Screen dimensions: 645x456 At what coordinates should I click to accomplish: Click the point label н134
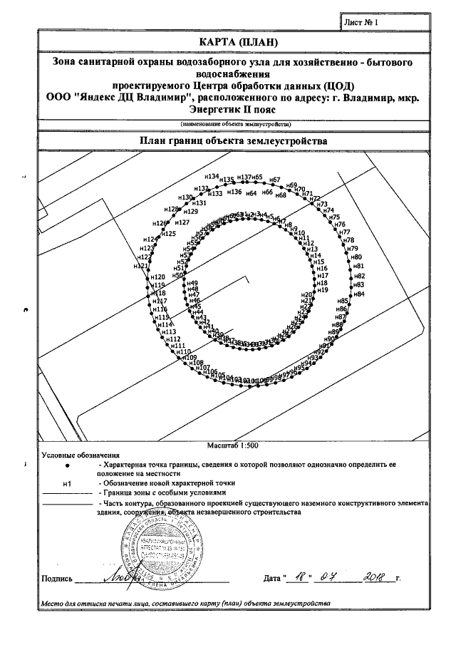coord(212,176)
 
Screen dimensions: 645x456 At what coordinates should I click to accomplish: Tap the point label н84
coord(359,294)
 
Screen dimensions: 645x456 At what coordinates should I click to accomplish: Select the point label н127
coord(182,223)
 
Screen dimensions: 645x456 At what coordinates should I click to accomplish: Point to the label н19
coord(322,290)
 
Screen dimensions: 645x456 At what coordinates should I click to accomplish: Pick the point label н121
coord(142,267)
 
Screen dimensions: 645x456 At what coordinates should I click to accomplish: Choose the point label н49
coord(192,284)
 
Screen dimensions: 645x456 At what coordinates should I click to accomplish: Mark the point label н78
coord(349,240)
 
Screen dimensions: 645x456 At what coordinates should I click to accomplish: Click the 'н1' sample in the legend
coord(68,483)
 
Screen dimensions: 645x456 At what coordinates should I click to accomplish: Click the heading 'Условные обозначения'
coord(81,455)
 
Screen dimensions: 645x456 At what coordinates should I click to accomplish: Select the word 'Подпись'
coord(56,578)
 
